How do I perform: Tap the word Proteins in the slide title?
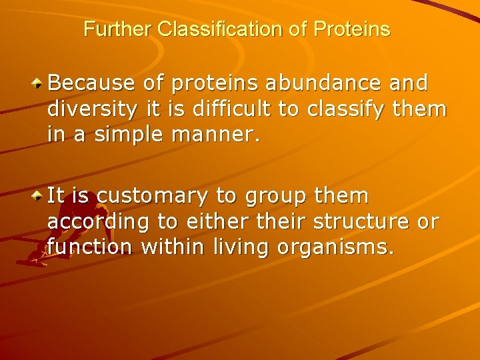351,30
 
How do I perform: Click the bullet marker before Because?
39,84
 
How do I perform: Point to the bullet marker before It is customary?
39,197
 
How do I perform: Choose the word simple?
125,135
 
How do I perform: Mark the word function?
89,247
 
